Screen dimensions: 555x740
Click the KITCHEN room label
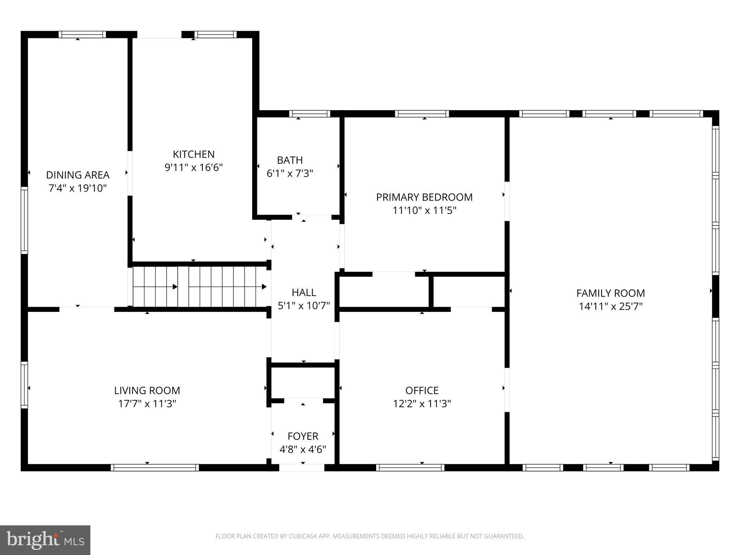point(194,154)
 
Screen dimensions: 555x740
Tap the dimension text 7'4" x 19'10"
point(78,188)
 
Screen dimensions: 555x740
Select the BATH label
point(290,160)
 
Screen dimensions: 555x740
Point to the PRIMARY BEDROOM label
point(424,197)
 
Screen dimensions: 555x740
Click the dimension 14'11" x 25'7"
point(611,306)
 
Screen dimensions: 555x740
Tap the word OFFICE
point(422,390)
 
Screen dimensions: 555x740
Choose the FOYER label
point(303,436)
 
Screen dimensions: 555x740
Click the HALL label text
point(304,292)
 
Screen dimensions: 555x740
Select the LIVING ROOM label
point(147,390)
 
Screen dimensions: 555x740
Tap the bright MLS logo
point(45,540)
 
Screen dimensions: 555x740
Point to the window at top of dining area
point(82,35)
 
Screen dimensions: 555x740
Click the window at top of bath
point(310,114)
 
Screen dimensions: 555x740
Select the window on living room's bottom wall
point(155,468)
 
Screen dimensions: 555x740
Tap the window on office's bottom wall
point(410,468)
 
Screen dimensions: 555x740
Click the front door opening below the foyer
point(302,468)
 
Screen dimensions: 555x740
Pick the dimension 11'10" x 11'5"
point(424,210)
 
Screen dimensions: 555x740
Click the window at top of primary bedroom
point(422,114)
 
